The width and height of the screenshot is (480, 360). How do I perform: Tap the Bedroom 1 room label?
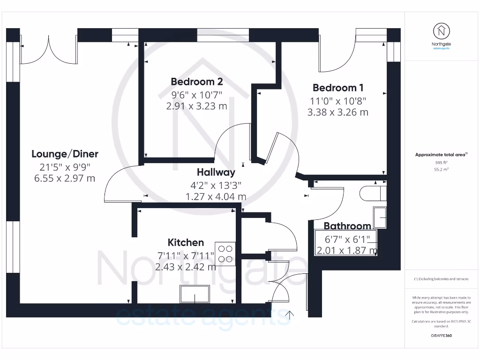pos(338,88)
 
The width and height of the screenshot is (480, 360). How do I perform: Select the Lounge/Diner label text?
pos(65,154)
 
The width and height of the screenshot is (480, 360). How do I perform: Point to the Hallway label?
pos(216,172)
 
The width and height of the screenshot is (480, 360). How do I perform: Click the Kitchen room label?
pos(186,242)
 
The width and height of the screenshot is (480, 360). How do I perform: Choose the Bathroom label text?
pos(347,226)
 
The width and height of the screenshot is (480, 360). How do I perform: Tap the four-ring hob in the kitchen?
pos(225,253)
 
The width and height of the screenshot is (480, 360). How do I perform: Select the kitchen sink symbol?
pos(195,294)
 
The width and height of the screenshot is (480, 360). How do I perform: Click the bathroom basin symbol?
pos(380,217)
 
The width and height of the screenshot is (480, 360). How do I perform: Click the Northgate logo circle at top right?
pos(441,31)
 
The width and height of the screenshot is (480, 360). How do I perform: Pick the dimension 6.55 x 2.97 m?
pos(65,178)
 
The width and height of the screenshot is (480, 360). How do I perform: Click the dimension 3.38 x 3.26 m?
pos(338,112)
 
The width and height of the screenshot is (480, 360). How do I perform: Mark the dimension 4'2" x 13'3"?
pos(216,185)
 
